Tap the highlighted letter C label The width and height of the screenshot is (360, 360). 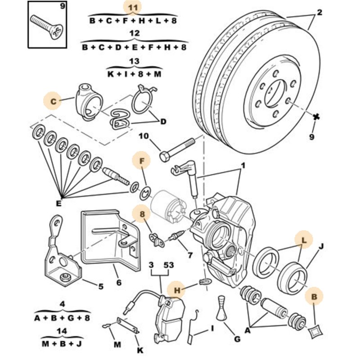(54, 102)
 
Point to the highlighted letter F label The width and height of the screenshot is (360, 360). (142, 160)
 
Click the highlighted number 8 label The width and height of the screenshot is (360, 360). (142, 215)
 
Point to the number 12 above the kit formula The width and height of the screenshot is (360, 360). (134, 34)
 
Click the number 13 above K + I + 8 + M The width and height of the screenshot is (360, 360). (134, 61)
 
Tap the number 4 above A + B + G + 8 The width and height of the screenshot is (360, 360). (62, 304)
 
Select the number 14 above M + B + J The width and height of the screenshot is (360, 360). (62, 330)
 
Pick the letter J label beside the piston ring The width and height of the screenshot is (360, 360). (321, 246)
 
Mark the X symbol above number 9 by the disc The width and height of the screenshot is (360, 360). (316, 117)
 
